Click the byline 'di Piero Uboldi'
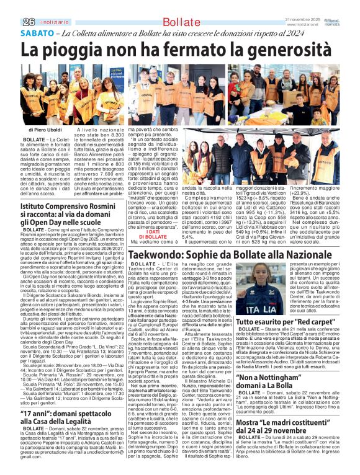pyautogui.click(x=45, y=131)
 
